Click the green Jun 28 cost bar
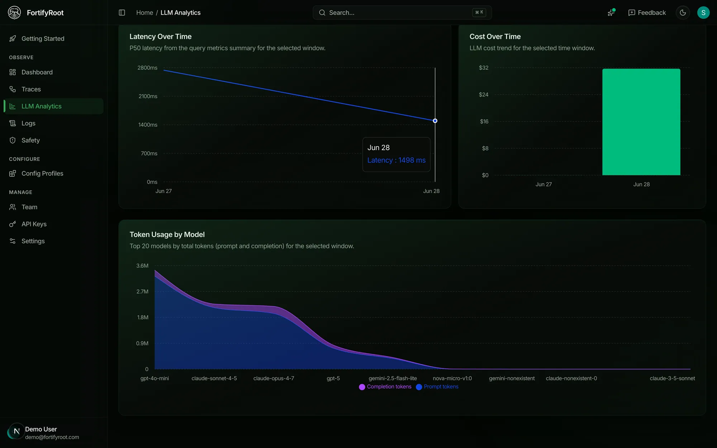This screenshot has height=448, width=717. [641, 122]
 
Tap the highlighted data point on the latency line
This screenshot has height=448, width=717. [435, 121]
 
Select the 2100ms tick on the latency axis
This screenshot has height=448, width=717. [148, 96]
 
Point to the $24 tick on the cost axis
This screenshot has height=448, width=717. [484, 95]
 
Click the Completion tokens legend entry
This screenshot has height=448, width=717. [385, 387]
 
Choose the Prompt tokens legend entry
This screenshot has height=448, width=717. [437, 387]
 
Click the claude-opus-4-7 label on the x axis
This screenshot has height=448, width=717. [274, 378]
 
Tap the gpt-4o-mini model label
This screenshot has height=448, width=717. [155, 378]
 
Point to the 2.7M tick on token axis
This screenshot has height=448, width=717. [142, 291]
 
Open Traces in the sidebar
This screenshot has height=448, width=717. [31, 89]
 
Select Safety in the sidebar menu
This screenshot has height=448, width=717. [30, 140]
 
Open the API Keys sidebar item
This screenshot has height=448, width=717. [34, 224]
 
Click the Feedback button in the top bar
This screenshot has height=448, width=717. [647, 13]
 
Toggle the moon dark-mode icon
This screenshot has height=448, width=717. [683, 13]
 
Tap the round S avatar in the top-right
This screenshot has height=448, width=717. [703, 13]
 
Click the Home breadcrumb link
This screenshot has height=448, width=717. [144, 13]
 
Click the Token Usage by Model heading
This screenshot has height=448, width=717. [167, 234]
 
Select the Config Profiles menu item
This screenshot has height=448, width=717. [42, 173]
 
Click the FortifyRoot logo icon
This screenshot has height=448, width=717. [14, 13]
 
